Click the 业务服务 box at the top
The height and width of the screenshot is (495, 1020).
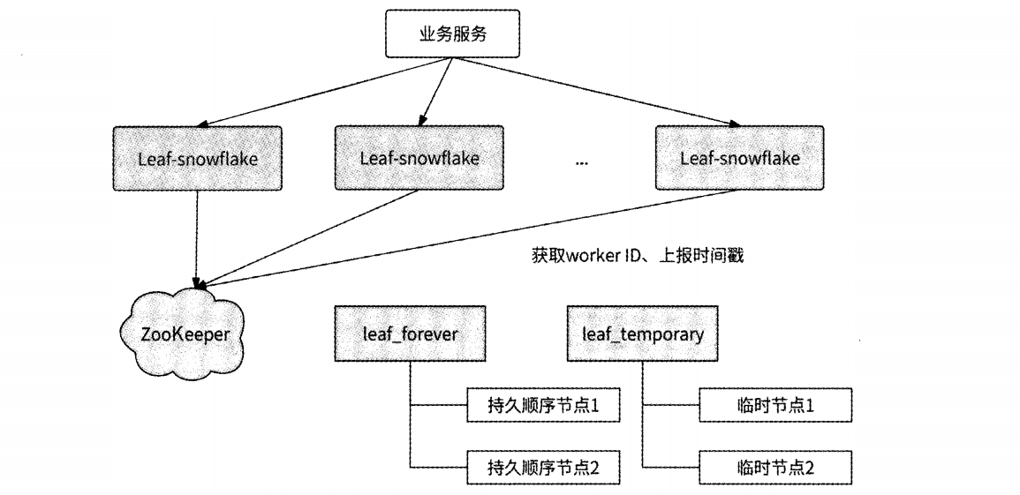[451, 36]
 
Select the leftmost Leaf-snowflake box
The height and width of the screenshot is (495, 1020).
[198, 159]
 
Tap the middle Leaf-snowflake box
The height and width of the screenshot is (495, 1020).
[419, 159]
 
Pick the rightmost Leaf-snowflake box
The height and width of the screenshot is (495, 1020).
[740, 159]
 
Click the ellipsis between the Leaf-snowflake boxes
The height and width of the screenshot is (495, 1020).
[581, 162]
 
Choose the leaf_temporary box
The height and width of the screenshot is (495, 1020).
[642, 334]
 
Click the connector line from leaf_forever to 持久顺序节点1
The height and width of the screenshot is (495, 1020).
[438, 407]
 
